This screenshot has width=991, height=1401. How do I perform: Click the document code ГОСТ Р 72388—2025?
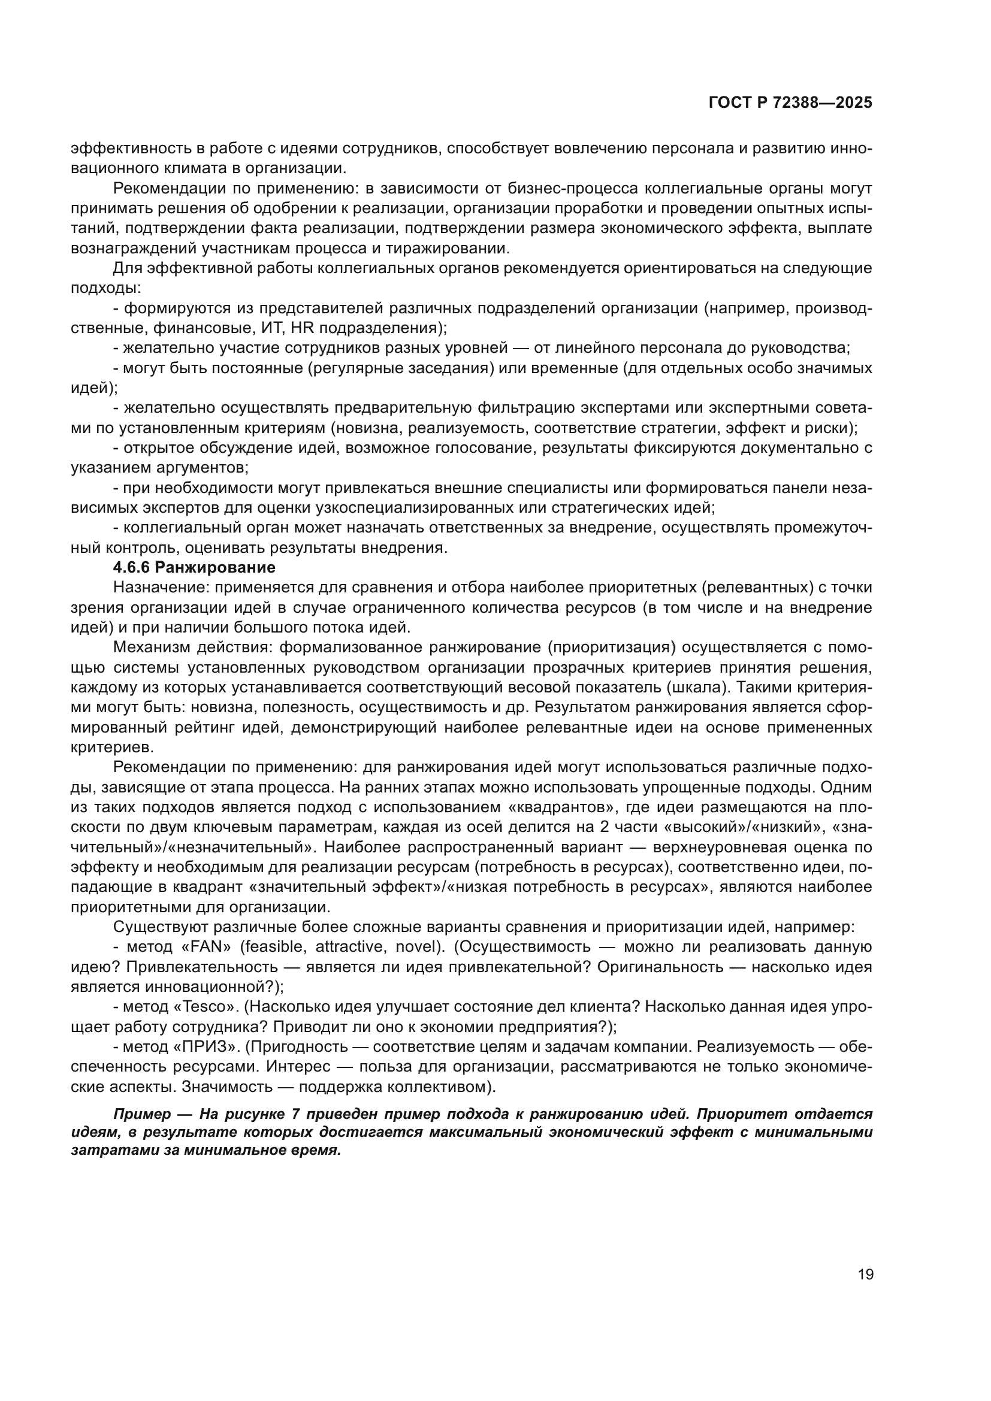[790, 103]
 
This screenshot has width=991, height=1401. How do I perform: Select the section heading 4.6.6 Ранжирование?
[194, 567]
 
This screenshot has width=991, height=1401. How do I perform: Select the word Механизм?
[148, 647]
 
